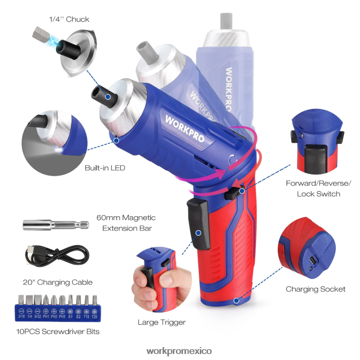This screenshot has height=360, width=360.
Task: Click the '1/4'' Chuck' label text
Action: point(69,19)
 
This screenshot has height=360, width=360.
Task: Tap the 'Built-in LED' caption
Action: point(105,168)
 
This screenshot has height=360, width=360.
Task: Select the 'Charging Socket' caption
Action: point(316,289)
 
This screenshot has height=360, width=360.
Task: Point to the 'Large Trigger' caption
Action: point(161,322)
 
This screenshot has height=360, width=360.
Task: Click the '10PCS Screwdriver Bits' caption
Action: point(58,331)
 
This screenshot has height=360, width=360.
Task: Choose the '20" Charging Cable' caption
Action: point(58,282)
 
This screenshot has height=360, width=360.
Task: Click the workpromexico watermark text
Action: point(179,351)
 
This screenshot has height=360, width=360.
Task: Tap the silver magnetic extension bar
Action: point(56,225)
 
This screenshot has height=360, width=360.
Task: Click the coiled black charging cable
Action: point(57,256)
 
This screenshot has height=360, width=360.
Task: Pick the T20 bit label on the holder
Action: point(94,317)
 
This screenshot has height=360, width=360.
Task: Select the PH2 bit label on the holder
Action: point(54,316)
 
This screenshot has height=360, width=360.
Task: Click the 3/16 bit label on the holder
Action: point(21,316)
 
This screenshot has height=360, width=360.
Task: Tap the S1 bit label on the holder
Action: point(70,316)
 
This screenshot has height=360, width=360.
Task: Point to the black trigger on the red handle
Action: point(199,224)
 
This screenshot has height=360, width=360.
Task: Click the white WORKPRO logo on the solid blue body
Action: point(185,128)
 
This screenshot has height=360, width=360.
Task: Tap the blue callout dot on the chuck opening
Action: point(108,97)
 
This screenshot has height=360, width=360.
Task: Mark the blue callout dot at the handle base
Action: point(237,301)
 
